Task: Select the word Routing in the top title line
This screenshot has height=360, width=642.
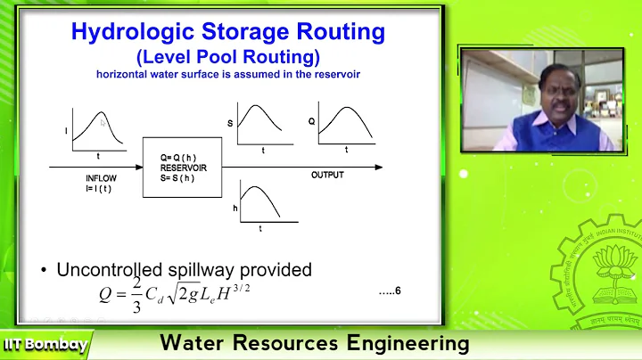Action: coord(342,32)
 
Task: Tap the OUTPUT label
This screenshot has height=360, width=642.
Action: coord(327,176)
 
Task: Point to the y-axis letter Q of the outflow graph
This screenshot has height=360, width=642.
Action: coord(312,119)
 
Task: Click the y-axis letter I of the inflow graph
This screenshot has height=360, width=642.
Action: coord(66,131)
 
